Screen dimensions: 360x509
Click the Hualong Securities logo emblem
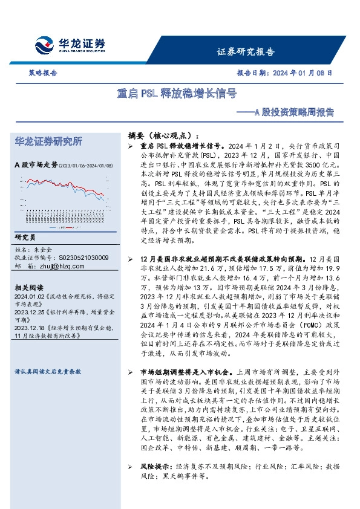[47, 46]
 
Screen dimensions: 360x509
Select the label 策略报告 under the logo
[43, 73]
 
